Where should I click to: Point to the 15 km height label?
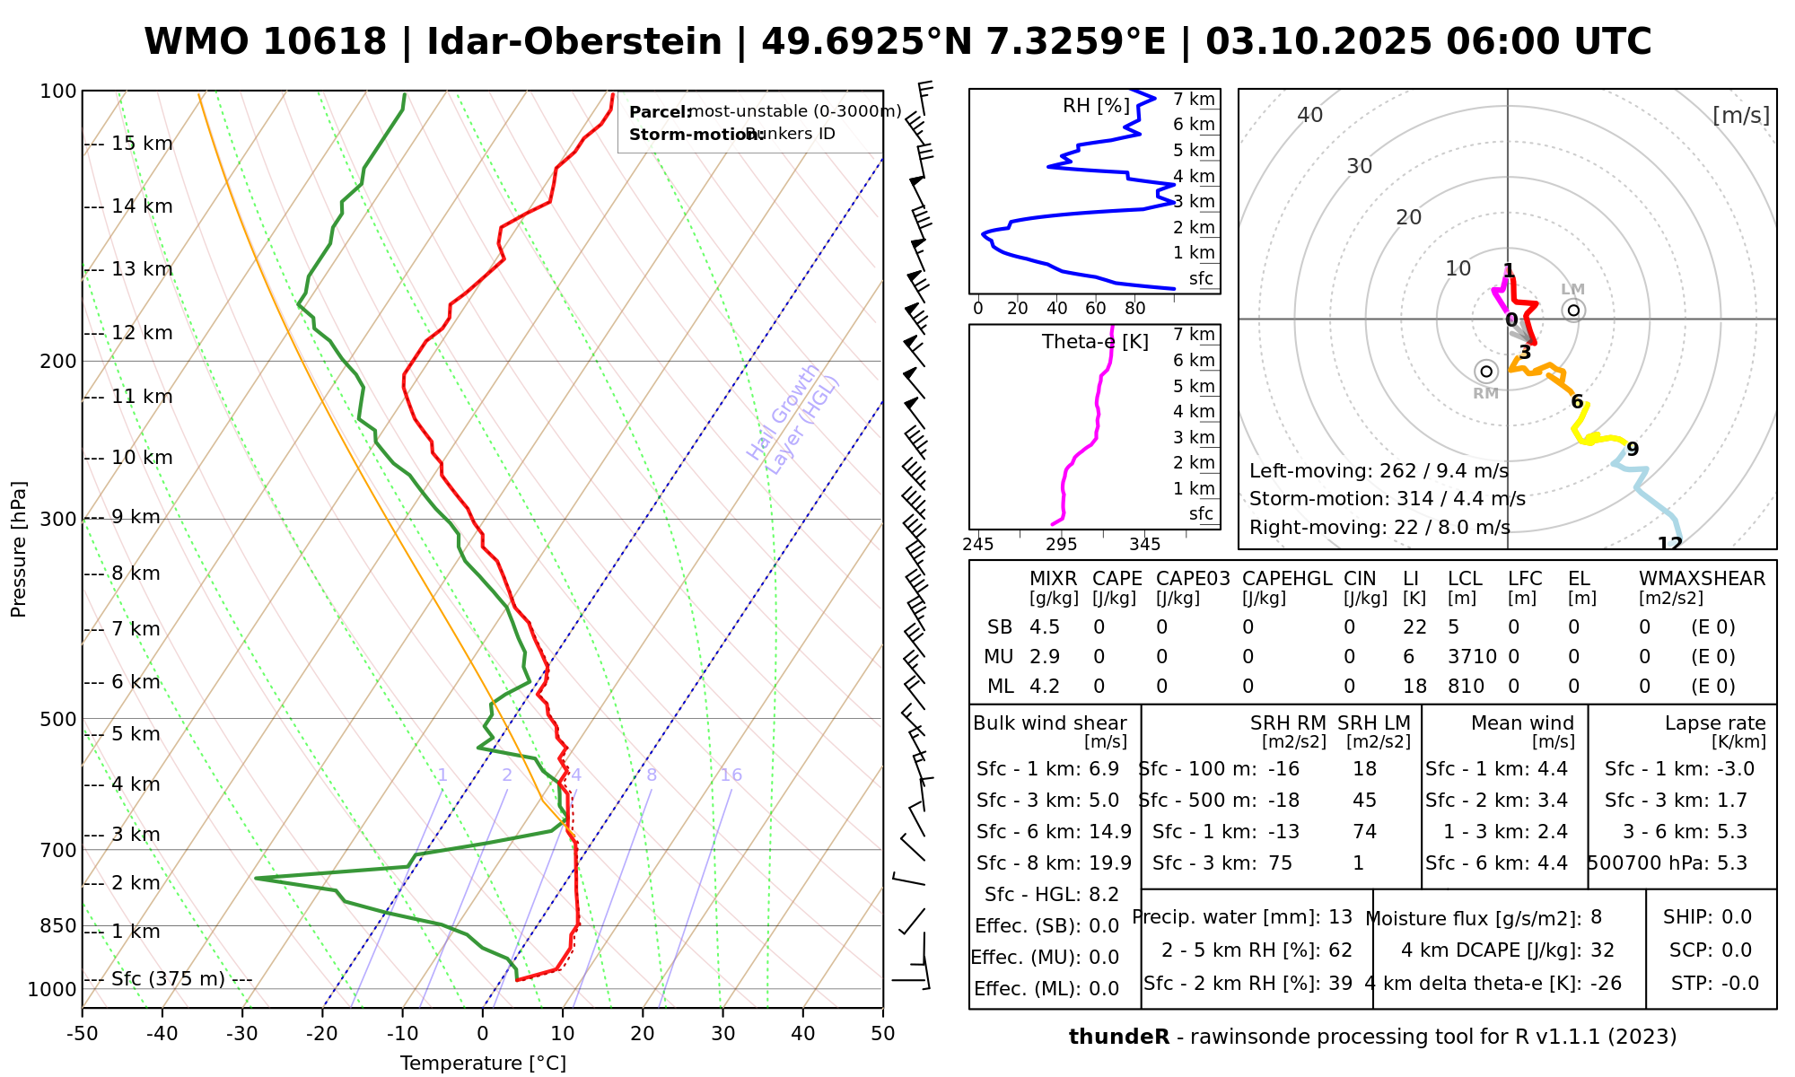coord(142,144)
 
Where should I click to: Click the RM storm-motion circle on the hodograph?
coord(1486,372)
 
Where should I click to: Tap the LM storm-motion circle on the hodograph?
coord(1573,311)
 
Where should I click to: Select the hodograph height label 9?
coord(1633,450)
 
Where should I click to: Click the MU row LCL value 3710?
coord(1472,657)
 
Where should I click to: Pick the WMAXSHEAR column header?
coord(1702,579)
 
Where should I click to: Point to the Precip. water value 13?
coord(1340,917)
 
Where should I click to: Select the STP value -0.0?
coord(1740,984)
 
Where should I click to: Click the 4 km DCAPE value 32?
coord(1602,950)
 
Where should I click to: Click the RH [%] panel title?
coord(1096,106)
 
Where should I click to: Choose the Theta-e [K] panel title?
coord(1095,342)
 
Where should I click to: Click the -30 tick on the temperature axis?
coord(242,1034)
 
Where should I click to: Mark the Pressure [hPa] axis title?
coord(19,549)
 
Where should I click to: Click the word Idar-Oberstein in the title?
coord(574,42)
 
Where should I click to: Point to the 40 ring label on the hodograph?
coord(1310,115)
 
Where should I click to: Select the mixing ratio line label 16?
coord(731,775)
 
